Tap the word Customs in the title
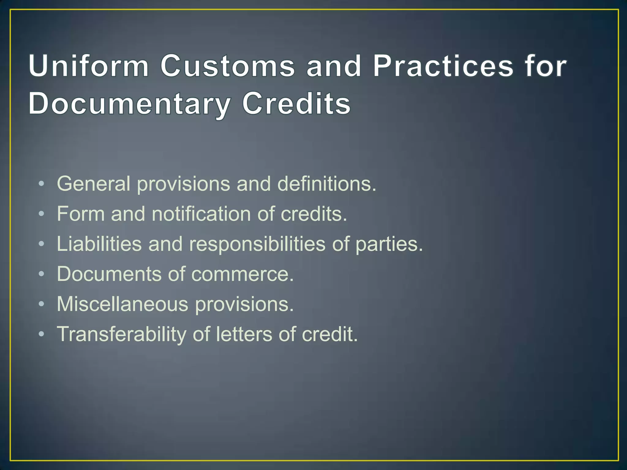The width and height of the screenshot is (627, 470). coord(227,66)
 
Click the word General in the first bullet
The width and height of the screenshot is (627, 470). coord(93,184)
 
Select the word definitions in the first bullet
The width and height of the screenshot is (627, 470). coord(326,184)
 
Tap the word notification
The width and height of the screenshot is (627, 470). coord(201,214)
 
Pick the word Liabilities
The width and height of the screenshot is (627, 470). coord(99,244)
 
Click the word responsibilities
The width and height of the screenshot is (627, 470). coord(257,244)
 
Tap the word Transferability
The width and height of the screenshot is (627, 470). coord(122,334)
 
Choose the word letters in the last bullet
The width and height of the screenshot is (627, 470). coord(244,334)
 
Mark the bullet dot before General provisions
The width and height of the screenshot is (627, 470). coord(42,184)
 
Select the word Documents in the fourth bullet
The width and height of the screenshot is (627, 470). coord(109,274)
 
